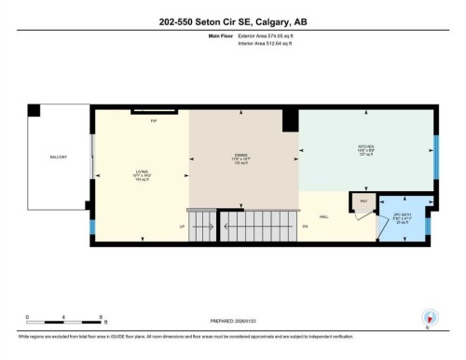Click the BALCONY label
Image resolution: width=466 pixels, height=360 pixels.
point(58,158)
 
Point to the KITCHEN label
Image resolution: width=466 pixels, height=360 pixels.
point(366,147)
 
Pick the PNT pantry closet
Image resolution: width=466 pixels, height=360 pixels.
point(364,201)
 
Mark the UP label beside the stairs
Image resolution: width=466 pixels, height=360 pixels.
point(181,226)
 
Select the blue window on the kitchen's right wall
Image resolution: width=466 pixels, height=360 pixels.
point(436,153)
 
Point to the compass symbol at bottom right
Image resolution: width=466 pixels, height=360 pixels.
point(429,318)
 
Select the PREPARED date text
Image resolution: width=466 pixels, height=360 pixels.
point(232,320)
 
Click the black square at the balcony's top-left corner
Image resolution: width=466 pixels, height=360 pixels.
point(34,110)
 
